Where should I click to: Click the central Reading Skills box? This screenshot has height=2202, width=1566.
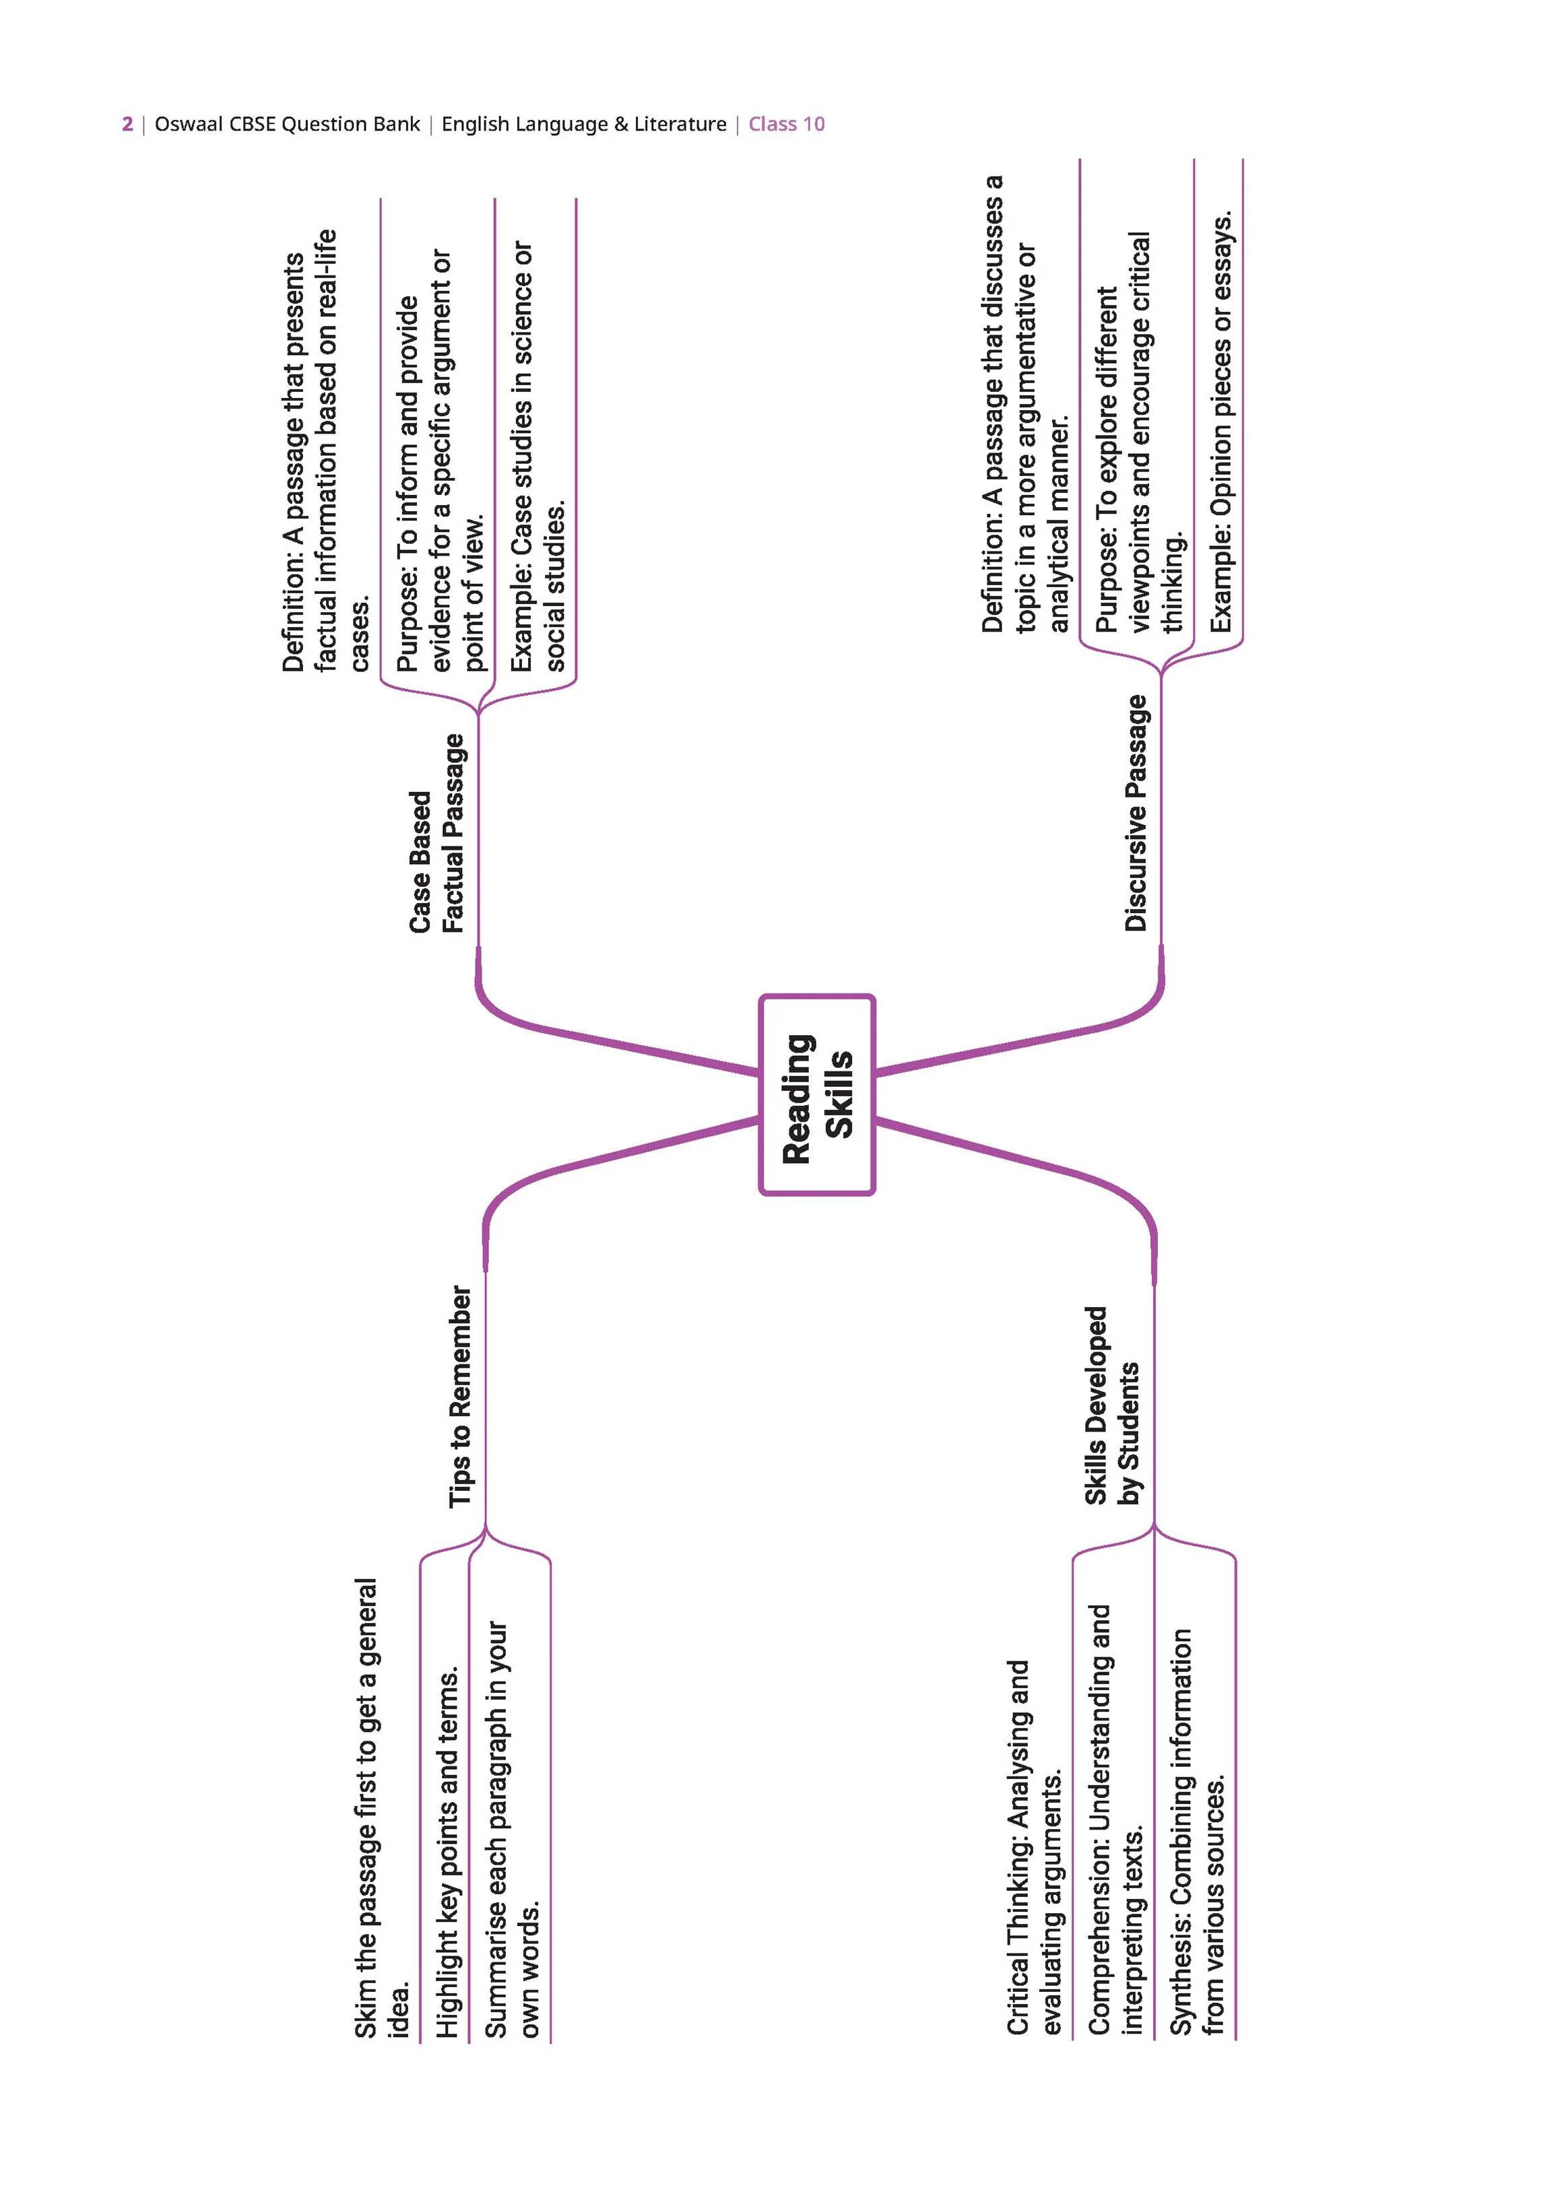[817, 1095]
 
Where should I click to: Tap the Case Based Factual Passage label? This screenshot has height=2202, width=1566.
[437, 833]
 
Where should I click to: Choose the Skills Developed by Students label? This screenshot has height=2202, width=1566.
[1112, 1405]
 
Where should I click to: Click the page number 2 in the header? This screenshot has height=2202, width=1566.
[127, 125]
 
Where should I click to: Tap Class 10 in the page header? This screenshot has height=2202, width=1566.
[787, 125]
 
